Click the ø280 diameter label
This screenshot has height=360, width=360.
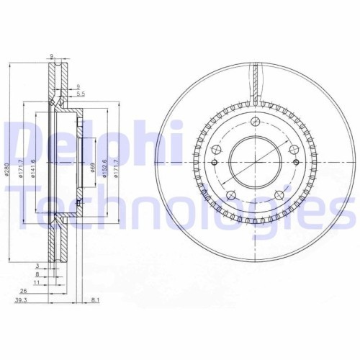click(5, 171)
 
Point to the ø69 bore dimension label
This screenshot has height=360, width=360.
click(92, 171)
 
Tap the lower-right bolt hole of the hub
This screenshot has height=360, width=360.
click(282, 195)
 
